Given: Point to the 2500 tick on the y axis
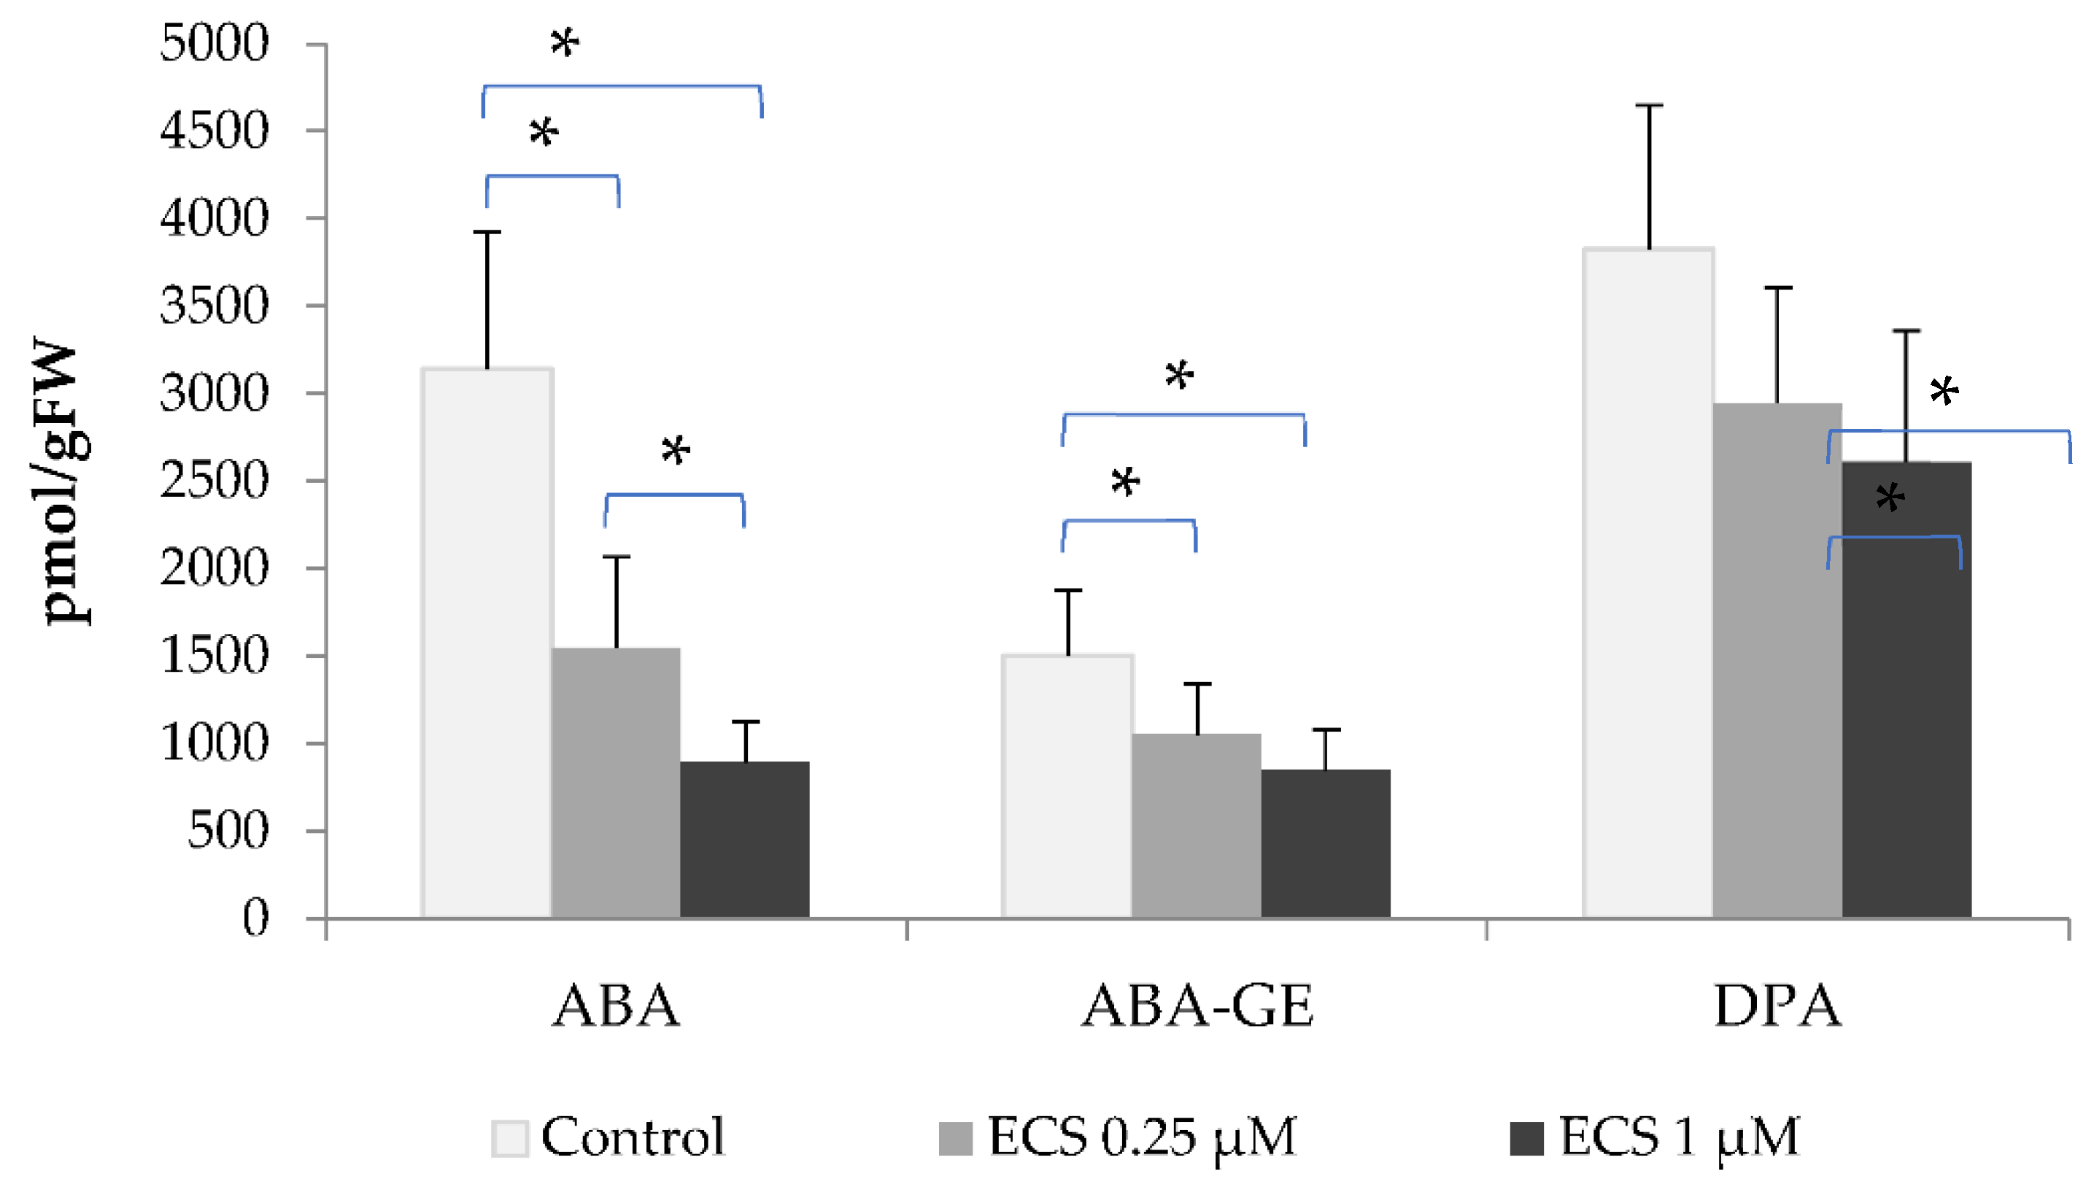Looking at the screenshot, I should (x=214, y=481).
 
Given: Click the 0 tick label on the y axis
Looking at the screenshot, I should (x=255, y=918).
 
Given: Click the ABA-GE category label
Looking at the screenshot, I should (x=1197, y=1006).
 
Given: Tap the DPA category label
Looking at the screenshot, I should (x=1777, y=1006).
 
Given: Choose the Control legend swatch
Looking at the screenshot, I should (x=509, y=1137).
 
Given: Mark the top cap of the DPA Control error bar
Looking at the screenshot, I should (x=1648, y=105).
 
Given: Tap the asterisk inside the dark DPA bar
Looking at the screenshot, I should (x=1890, y=497).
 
